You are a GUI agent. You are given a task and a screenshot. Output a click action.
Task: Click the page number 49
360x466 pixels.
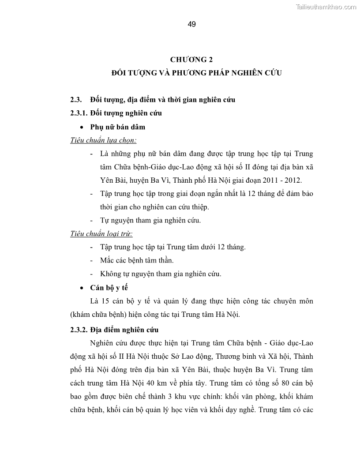191,24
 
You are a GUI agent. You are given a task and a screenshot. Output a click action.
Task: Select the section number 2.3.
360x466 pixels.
76,99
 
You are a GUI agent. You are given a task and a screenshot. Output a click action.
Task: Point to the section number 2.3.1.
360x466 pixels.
79,113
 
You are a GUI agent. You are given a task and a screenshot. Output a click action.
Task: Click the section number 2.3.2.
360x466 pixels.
79,329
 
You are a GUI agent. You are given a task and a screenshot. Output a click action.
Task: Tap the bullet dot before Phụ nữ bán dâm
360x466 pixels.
82,127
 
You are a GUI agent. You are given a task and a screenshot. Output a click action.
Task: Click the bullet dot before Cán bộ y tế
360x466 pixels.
82,288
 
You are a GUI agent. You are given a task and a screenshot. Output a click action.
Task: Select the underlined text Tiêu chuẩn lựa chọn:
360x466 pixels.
103,140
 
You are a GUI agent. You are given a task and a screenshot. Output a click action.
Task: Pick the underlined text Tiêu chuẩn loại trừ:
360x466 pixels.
101,233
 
